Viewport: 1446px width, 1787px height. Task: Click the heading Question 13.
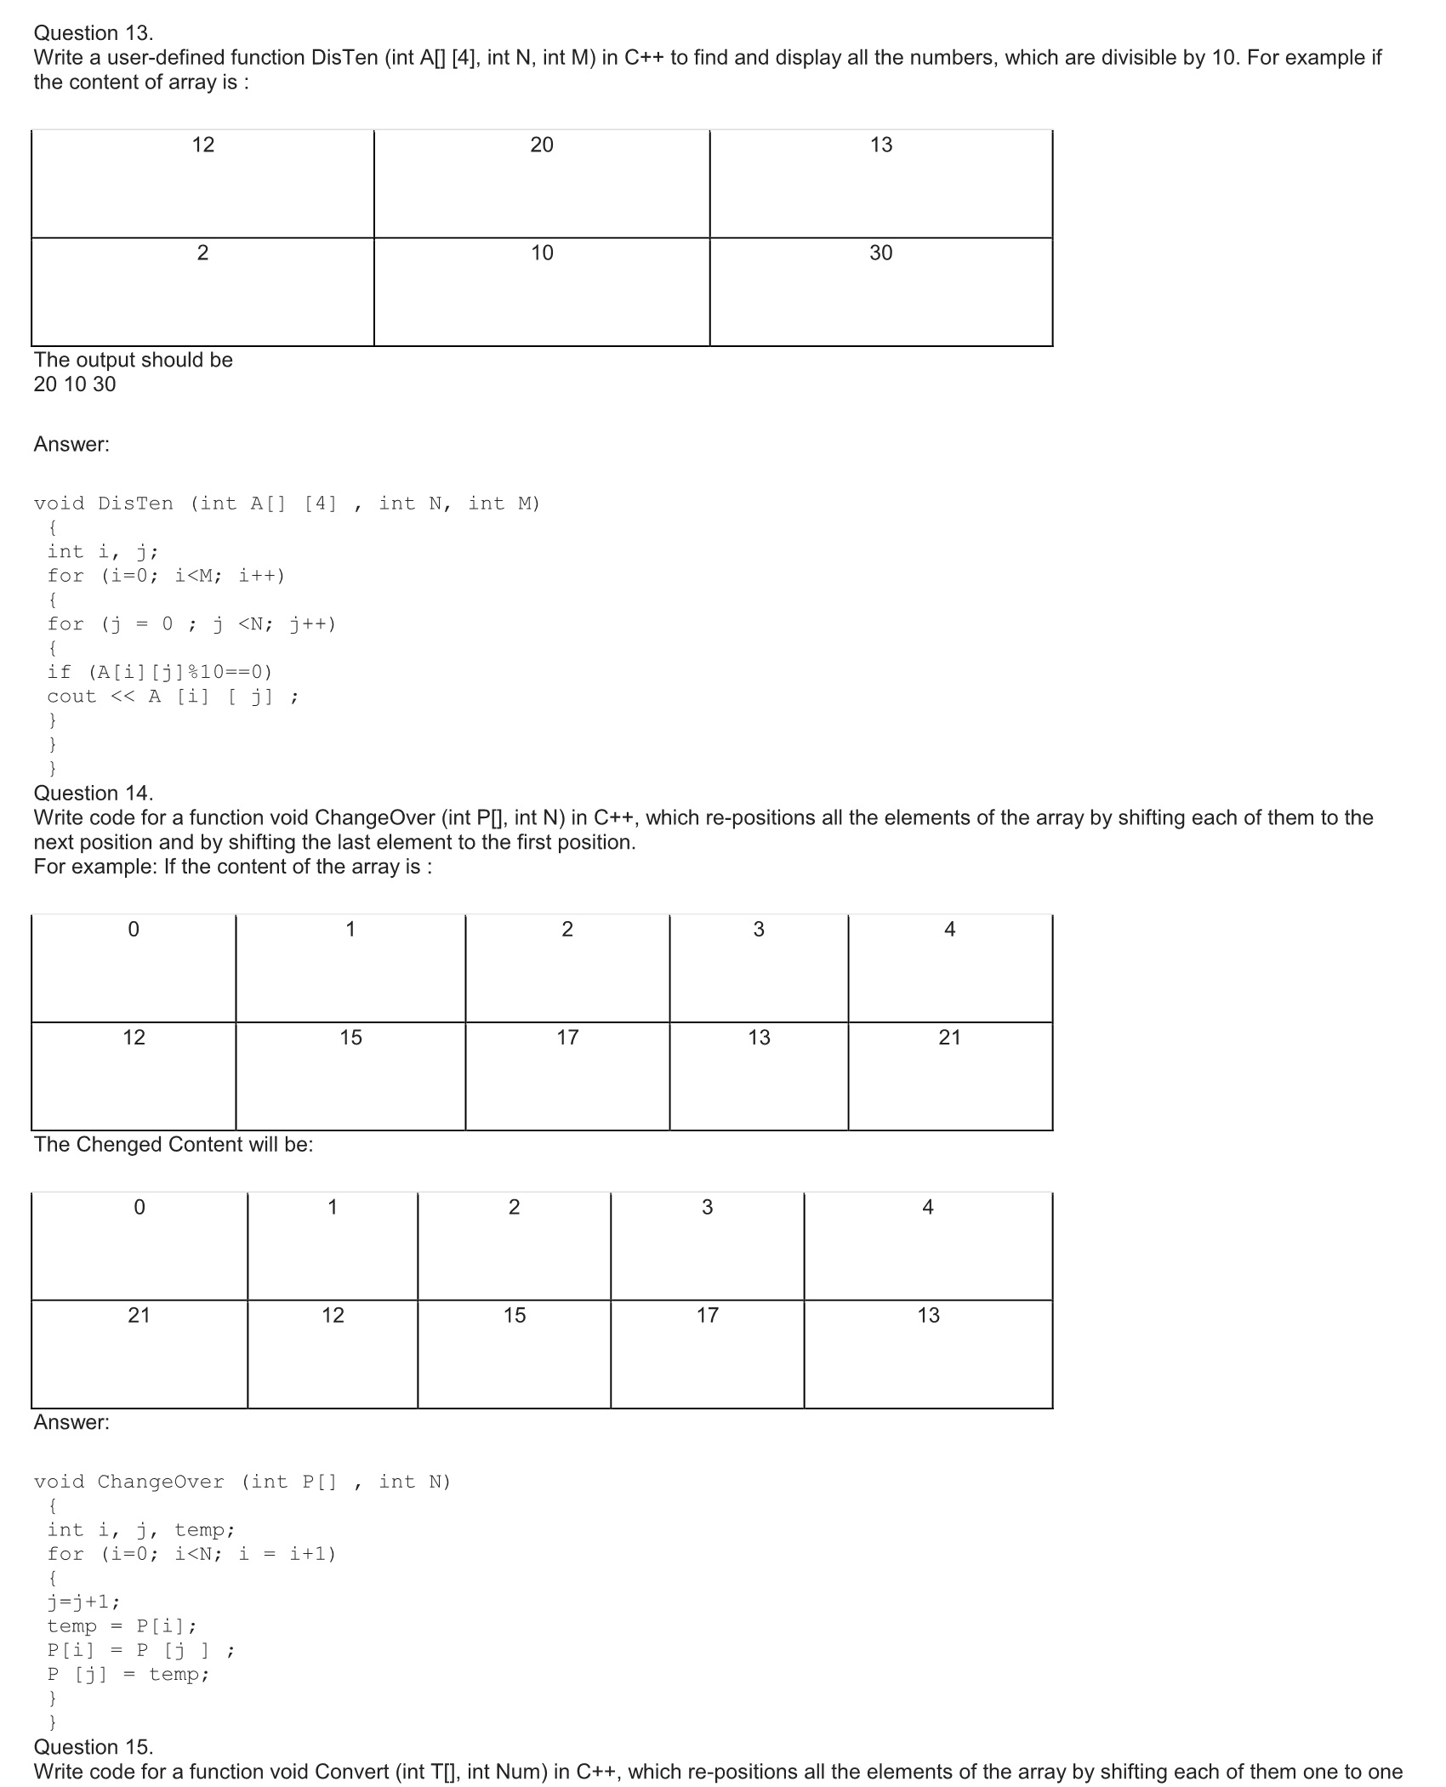(x=94, y=33)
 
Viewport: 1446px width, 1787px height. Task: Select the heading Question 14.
(x=94, y=793)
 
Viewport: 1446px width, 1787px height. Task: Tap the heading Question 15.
(x=94, y=1746)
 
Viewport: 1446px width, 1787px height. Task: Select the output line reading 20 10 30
(x=75, y=384)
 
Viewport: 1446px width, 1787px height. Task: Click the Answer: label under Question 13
(x=71, y=444)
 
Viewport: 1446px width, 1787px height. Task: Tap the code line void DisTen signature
(x=287, y=504)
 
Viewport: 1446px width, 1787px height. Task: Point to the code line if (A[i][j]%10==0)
(x=160, y=672)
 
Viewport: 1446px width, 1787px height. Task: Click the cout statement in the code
(x=173, y=697)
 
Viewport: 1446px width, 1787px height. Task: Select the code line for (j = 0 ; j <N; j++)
(x=191, y=624)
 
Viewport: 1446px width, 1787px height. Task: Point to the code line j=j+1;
(x=83, y=1602)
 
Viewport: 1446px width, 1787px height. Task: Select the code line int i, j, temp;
(x=141, y=1530)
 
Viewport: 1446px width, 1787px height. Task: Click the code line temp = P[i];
(x=122, y=1626)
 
